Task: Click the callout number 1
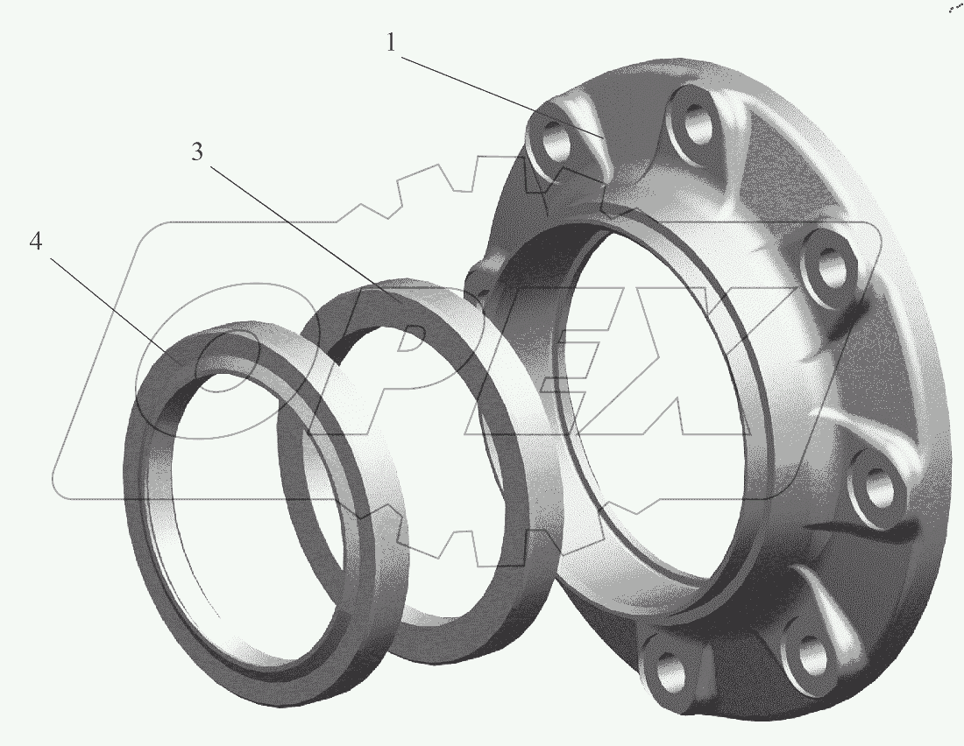point(392,42)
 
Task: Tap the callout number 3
point(196,151)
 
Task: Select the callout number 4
point(36,242)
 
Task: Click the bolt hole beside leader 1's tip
point(552,139)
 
